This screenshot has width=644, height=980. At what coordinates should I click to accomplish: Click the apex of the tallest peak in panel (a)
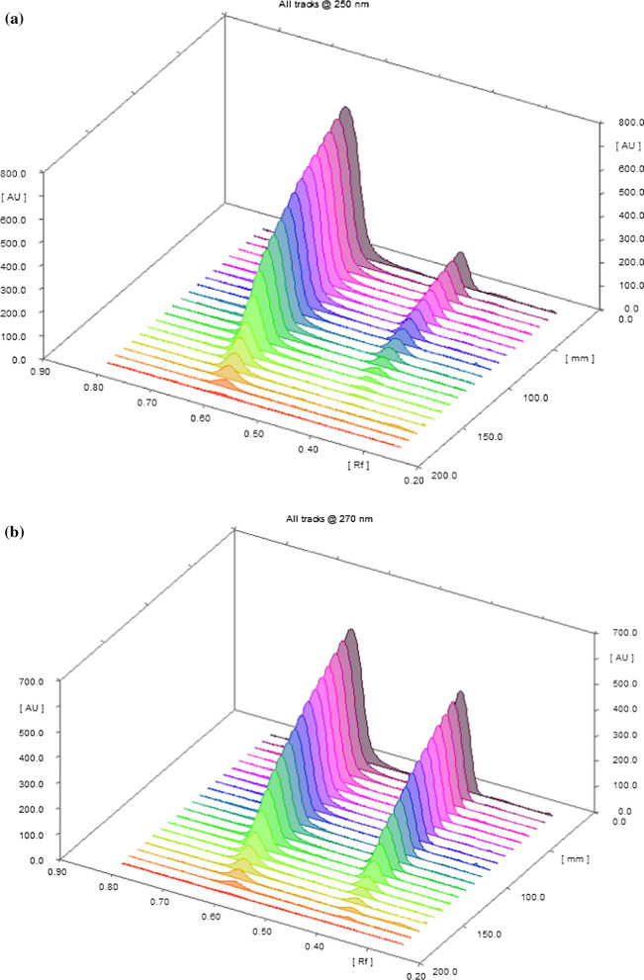[x=344, y=109]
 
